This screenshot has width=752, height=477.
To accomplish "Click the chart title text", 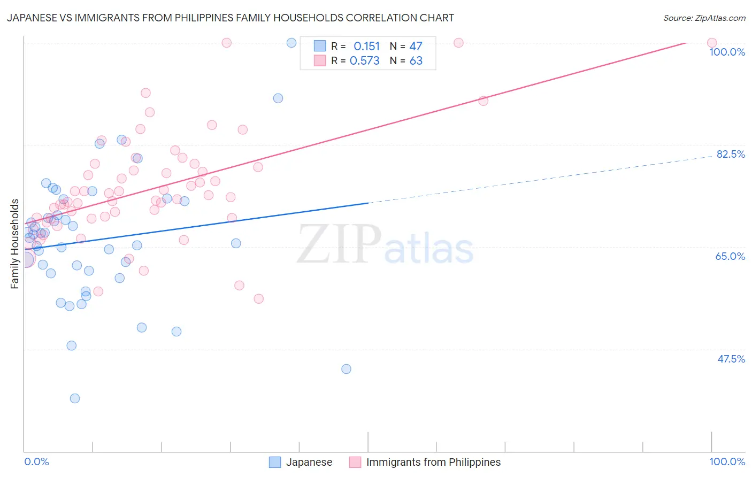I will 231,18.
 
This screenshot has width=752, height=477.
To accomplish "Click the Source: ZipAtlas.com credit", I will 704,18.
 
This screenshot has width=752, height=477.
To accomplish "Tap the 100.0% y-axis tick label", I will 727,52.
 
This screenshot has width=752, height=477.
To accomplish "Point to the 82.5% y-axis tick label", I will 731,154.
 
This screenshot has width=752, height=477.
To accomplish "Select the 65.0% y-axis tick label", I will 730,256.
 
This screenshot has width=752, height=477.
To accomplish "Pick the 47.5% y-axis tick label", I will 731,359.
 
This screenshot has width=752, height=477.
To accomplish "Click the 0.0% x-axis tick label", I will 36,461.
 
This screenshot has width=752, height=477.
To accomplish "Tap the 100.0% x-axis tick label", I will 727,461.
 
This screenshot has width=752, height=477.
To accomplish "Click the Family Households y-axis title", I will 15,244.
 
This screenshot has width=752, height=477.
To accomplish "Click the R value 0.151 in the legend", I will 366,47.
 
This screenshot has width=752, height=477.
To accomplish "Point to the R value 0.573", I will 364,61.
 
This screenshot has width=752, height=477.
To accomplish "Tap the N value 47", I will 416,47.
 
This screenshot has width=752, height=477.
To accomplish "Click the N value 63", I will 416,61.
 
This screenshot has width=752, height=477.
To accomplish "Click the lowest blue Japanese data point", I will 75,398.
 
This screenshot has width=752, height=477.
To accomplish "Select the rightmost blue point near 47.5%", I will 346,369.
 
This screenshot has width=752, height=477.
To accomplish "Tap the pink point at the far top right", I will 712,43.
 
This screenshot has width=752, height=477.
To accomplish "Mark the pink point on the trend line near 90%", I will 483,101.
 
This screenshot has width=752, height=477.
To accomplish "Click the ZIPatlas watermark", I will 385,245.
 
